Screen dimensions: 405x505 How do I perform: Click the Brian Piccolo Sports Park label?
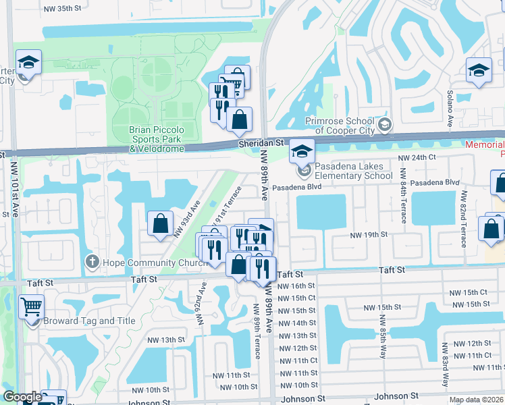tap(157, 134)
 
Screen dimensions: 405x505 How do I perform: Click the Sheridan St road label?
tap(260, 144)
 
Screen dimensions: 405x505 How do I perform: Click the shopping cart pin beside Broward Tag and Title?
tap(31, 307)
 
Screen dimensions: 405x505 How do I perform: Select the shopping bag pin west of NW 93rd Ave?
tap(160, 223)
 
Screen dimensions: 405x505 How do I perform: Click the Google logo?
tap(22, 397)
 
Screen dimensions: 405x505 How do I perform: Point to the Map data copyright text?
tap(475, 400)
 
